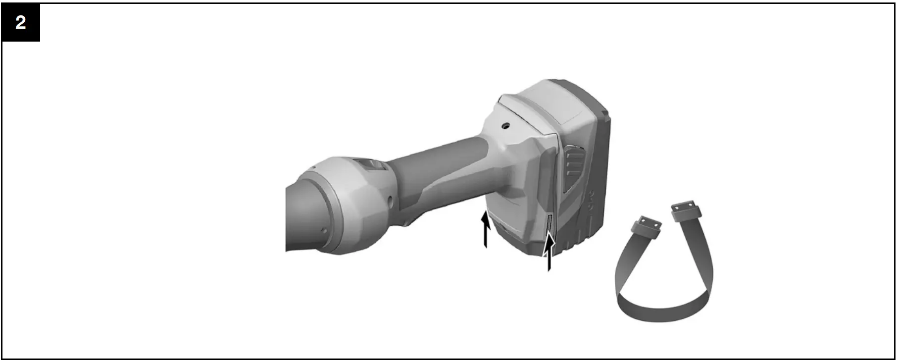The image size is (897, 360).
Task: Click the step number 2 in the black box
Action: pyautogui.click(x=20, y=22)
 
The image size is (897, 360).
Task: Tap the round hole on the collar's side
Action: pyautogui.click(x=391, y=200)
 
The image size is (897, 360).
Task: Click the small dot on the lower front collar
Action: pyautogui.click(x=323, y=230)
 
